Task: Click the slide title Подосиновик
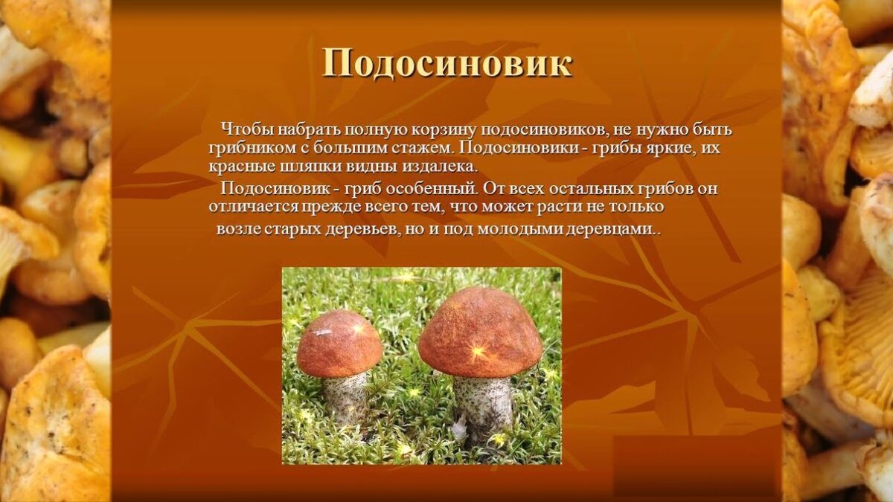coord(447,64)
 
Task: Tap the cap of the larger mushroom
coord(480,332)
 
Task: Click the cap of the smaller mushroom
coord(339,344)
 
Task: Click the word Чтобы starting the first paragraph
coord(246,129)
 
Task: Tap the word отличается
coord(253,207)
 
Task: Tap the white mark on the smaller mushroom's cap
coord(323,332)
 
